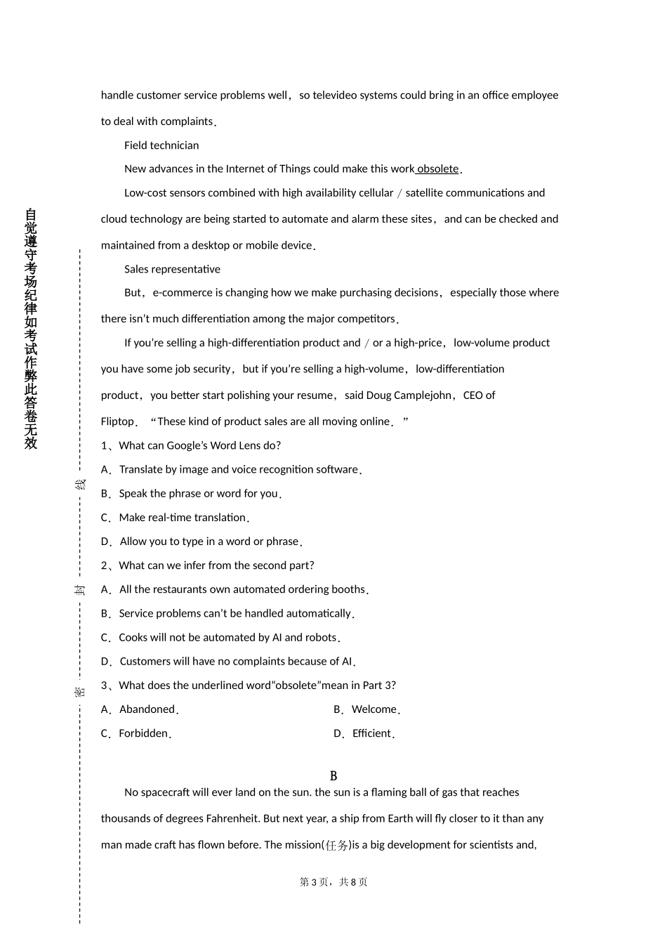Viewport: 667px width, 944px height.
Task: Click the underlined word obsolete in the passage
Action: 437,169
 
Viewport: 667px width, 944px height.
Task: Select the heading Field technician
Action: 161,145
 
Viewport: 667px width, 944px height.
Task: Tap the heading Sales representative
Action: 172,269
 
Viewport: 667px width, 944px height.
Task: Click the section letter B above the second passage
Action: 333,776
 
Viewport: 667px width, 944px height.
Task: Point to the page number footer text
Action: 333,882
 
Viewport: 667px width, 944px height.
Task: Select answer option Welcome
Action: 374,709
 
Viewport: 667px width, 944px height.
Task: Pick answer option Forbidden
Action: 143,733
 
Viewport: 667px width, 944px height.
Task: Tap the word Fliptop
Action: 117,421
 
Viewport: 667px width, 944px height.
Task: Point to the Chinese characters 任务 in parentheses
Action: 336,845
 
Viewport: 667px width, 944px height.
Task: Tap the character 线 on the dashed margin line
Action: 81,485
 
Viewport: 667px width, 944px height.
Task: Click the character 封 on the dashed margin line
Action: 81,589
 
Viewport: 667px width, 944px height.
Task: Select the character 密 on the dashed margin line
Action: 81,692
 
